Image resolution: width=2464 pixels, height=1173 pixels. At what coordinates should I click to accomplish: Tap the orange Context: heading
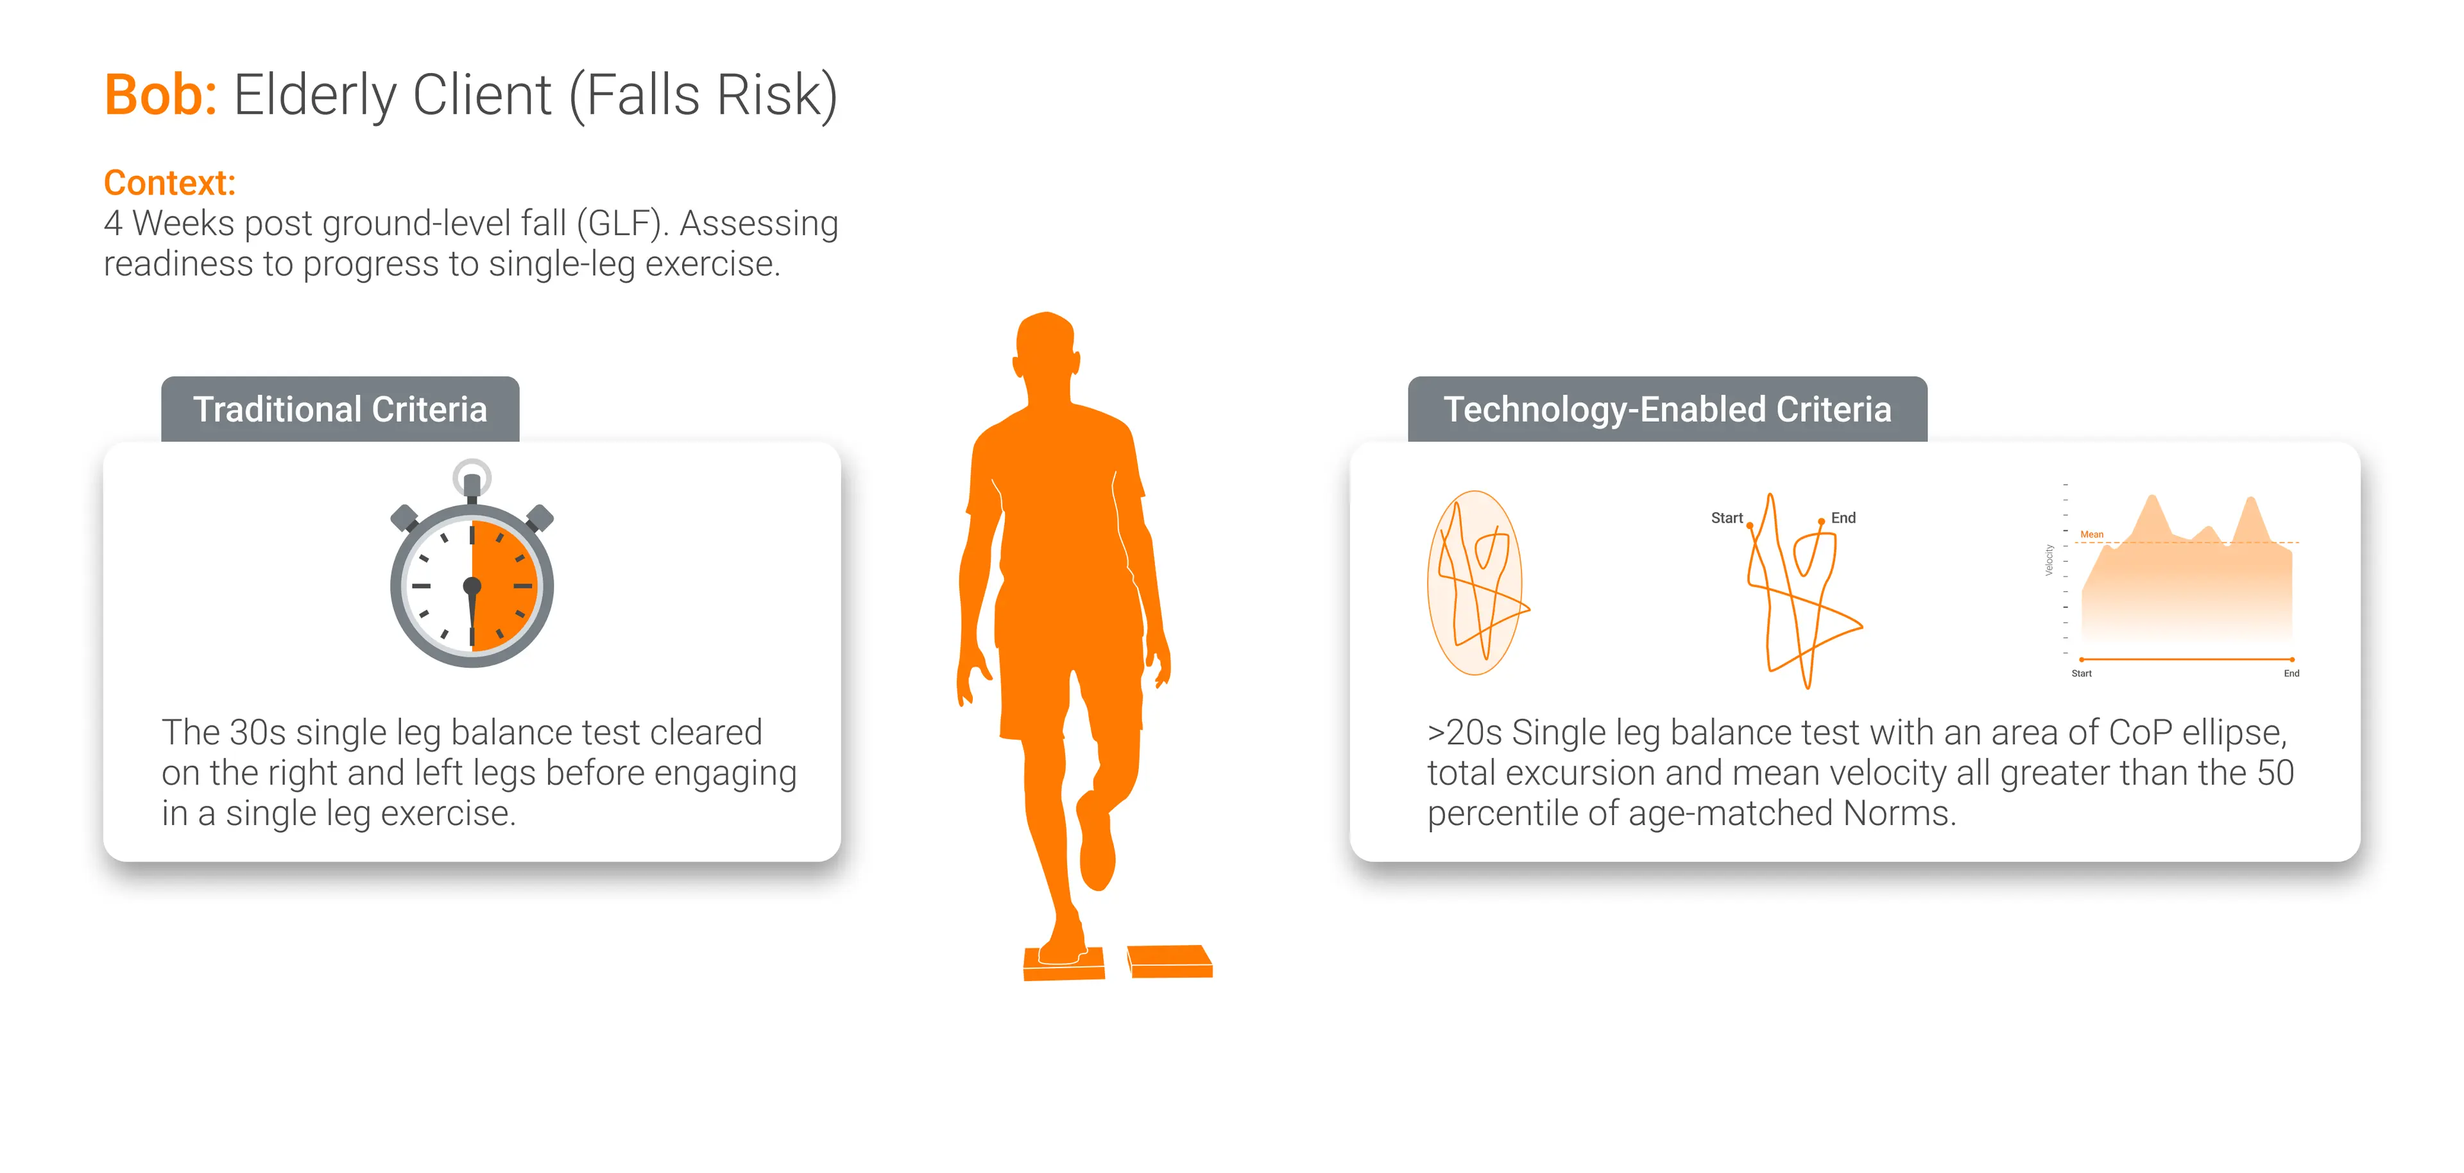169,183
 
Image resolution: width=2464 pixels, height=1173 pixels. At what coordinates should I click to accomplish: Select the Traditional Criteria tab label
341,410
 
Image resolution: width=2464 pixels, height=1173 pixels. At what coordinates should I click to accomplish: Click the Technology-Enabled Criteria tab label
1667,410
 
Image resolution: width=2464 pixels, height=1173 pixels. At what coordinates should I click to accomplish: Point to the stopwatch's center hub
472,586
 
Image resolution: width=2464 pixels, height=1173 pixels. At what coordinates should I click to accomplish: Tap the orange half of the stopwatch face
505,586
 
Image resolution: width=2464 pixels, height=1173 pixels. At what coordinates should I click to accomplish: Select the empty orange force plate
1170,960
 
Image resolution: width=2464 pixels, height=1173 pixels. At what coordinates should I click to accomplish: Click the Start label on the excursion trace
1727,517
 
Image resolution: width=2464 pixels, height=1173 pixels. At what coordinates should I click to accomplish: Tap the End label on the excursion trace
1844,517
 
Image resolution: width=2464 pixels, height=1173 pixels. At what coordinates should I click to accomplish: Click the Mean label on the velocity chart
2092,534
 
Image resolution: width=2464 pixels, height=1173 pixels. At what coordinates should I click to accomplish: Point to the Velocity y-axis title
2049,560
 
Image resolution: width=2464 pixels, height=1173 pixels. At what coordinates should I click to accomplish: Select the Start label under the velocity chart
2082,673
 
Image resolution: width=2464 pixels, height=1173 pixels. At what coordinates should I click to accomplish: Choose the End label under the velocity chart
2292,673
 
